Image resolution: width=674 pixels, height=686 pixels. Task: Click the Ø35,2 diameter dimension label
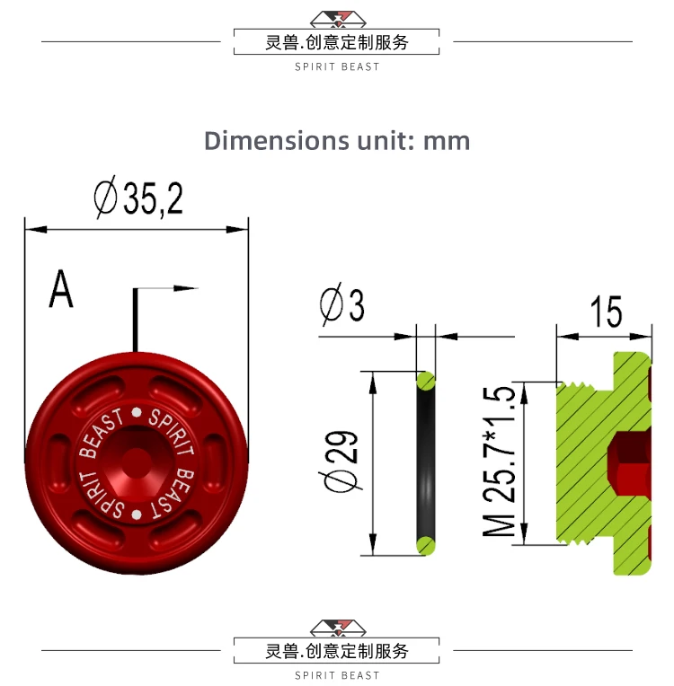[138, 198]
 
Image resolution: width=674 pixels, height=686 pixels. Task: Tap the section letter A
[61, 289]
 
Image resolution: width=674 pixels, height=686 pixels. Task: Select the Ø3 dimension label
[342, 304]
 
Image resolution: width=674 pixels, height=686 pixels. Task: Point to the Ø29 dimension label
[341, 462]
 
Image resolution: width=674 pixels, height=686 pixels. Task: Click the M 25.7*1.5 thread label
[500, 462]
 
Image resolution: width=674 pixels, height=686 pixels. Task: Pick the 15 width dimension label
[606, 312]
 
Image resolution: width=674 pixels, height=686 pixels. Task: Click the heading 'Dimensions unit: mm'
[337, 141]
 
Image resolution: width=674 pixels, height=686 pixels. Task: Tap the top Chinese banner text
[337, 42]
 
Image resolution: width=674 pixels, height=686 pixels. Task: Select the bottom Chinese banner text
[337, 651]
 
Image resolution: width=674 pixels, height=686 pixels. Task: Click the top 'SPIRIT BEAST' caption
[337, 67]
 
